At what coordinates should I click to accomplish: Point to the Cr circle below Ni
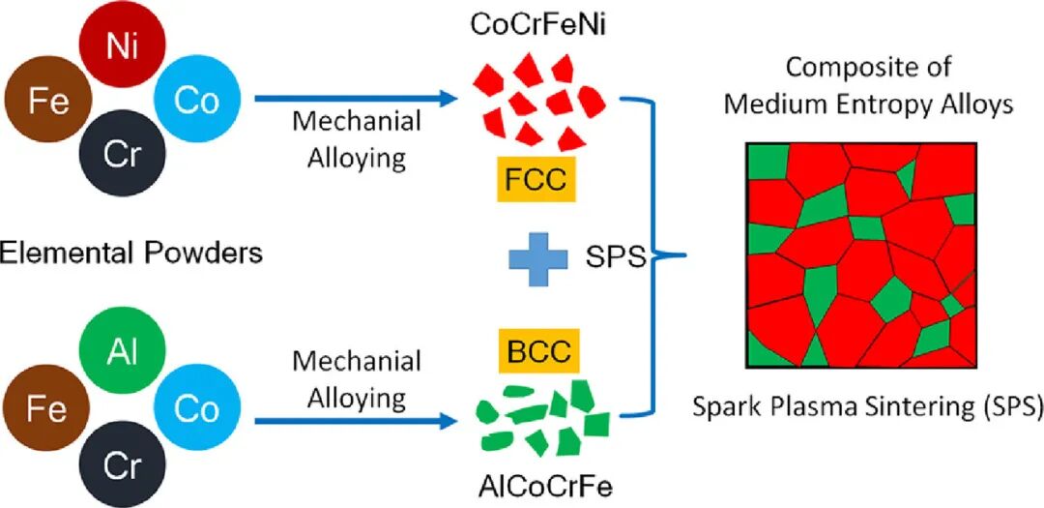click(x=121, y=156)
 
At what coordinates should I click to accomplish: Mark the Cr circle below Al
click(x=121, y=465)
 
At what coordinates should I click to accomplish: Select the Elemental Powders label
click(x=133, y=255)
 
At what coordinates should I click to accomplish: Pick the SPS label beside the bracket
click(x=615, y=258)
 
